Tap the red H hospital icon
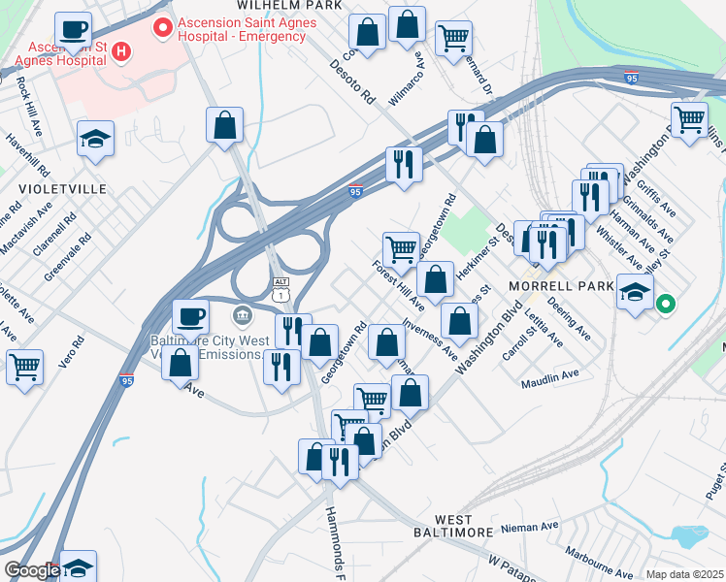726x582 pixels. [122, 50]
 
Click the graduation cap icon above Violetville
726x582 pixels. [96, 139]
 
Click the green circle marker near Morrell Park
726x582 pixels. [665, 305]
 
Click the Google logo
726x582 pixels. [32, 570]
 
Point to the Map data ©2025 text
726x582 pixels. [683, 574]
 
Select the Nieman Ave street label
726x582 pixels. [530, 527]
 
